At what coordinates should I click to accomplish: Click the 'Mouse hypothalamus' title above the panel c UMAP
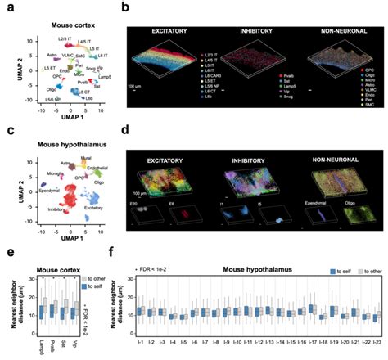pos(65,141)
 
